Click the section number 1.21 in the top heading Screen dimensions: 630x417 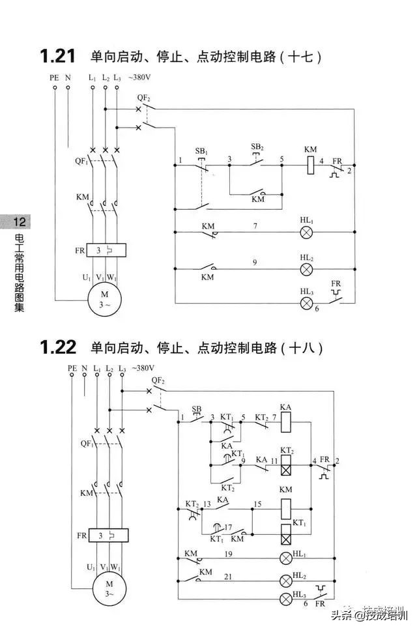[x=58, y=57]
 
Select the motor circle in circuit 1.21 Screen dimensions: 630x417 [x=104, y=300]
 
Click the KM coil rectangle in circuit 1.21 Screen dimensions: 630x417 [x=311, y=165]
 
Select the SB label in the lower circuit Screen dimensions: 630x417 [x=197, y=409]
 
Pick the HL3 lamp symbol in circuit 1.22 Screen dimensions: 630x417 [x=285, y=598]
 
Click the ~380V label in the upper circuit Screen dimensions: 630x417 [x=140, y=78]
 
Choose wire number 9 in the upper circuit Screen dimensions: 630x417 [x=255, y=263]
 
